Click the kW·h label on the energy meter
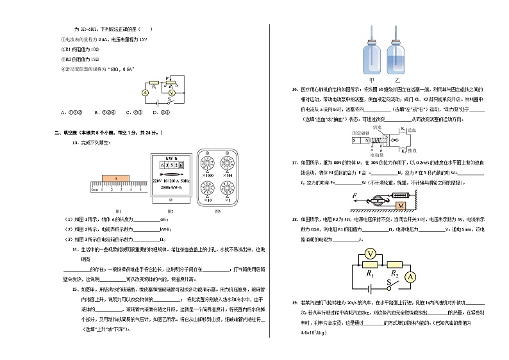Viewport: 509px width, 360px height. pyautogui.click(x=171, y=158)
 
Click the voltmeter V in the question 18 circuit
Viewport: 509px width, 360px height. pyautogui.click(x=369, y=254)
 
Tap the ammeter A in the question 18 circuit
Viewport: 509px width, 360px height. pyautogui.click(x=412, y=277)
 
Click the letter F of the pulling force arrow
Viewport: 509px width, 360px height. pyautogui.click(x=354, y=195)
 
